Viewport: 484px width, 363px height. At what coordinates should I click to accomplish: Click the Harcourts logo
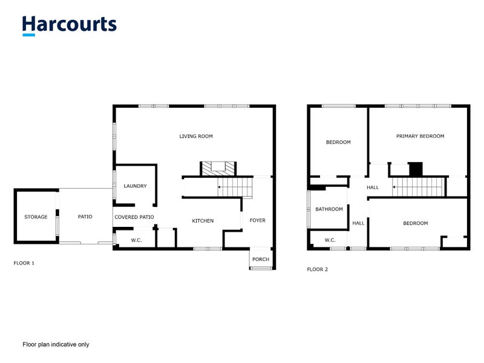point(70,25)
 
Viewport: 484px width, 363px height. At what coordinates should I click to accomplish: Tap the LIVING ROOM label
point(196,137)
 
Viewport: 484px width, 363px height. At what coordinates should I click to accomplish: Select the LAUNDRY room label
point(135,186)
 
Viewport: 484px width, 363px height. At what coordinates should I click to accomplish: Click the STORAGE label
point(36,217)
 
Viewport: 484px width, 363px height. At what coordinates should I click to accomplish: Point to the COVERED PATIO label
point(134,217)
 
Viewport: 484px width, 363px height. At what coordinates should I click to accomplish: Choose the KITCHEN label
point(203,221)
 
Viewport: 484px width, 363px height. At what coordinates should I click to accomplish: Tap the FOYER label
point(258,220)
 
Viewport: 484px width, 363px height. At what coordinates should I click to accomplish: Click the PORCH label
point(261,260)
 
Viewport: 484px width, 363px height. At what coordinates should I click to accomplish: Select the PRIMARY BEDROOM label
point(420,136)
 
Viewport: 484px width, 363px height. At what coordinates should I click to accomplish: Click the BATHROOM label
point(329,209)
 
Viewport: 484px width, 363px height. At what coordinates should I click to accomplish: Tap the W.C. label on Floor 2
point(330,240)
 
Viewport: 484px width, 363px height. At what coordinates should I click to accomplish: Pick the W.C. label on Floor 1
point(136,240)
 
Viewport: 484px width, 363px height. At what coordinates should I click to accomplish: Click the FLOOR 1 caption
point(24,263)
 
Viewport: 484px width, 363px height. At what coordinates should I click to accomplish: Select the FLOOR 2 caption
point(318,269)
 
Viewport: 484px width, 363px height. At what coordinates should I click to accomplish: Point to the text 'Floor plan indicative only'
point(56,344)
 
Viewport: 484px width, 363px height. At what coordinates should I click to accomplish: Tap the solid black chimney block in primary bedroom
point(416,169)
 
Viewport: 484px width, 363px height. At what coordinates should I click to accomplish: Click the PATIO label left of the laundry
point(85,217)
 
